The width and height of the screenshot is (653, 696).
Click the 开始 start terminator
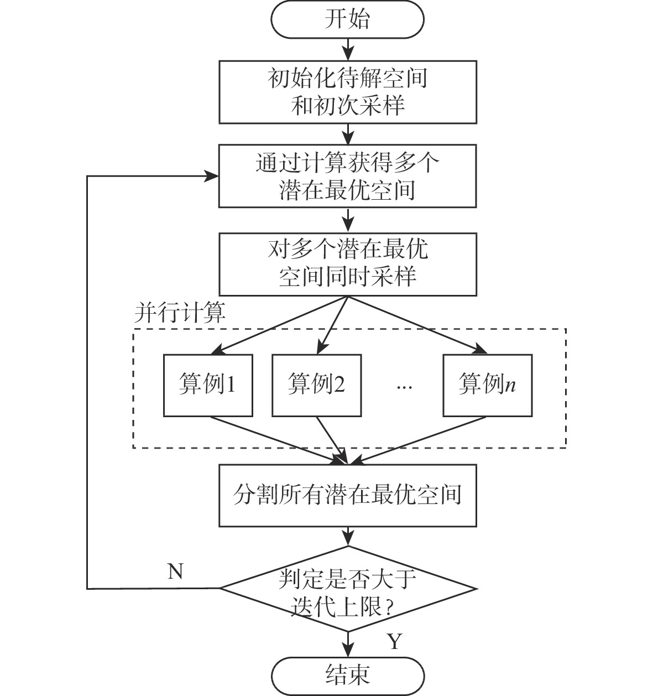(x=347, y=20)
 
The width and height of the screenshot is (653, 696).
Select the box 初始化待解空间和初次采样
(x=347, y=91)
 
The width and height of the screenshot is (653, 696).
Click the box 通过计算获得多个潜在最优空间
(x=347, y=176)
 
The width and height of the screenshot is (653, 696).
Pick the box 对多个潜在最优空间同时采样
(x=347, y=264)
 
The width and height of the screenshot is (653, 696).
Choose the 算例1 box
(x=208, y=385)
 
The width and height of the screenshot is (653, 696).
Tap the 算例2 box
(x=316, y=385)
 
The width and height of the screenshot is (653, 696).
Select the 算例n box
(x=487, y=385)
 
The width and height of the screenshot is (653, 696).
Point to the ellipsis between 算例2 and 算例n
(x=404, y=386)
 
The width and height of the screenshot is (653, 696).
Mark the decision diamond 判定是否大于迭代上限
(x=347, y=589)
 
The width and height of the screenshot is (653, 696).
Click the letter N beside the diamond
(x=175, y=571)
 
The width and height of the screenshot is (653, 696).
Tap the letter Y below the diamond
(x=394, y=642)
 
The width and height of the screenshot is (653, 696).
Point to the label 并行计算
(x=180, y=313)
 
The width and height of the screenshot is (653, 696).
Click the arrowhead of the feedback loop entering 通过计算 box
(x=212, y=176)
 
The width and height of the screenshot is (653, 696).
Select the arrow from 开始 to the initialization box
(x=347, y=49)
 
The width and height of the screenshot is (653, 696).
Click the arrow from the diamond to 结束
(x=347, y=644)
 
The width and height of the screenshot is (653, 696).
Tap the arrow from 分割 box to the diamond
(x=347, y=536)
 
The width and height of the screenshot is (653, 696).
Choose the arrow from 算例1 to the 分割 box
(x=276, y=440)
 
